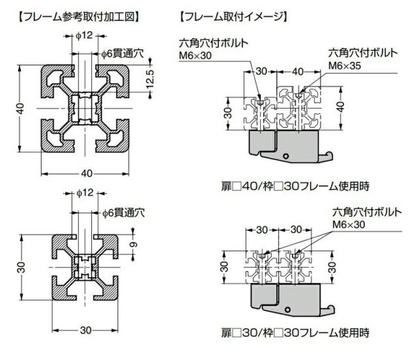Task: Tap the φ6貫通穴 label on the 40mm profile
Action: (121, 53)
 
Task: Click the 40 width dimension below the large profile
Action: (86, 173)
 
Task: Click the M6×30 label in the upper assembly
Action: (195, 56)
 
